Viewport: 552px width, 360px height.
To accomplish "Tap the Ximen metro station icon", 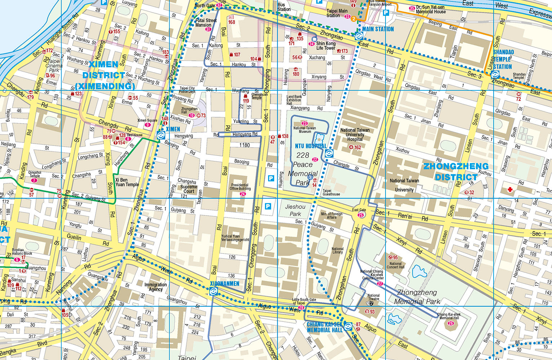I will (x=161, y=135).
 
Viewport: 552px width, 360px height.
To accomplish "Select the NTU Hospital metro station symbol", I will (x=329, y=154).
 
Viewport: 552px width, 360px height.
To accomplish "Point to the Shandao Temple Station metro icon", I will (x=495, y=75).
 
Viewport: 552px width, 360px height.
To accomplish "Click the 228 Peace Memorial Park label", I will (x=303, y=169).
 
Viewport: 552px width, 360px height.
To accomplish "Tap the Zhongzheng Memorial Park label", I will (x=417, y=297).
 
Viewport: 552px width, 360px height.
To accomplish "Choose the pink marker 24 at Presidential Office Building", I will (x=242, y=194).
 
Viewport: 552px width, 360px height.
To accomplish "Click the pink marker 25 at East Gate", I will (x=360, y=215).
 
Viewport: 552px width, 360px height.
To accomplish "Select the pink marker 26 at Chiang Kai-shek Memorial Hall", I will (x=451, y=323).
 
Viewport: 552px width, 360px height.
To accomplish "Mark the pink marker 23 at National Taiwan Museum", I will (x=304, y=123).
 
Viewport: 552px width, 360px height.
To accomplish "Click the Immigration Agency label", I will (x=156, y=287).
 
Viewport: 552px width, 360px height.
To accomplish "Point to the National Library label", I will (x=337, y=250).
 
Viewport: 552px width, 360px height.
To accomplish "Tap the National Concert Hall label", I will (x=395, y=265).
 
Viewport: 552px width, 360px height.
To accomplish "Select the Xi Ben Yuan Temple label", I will (x=127, y=182).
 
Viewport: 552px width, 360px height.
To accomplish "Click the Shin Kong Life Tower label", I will (x=326, y=46).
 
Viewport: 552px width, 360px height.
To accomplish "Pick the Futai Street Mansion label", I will (x=206, y=23).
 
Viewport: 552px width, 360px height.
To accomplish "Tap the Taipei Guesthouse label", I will (x=331, y=192).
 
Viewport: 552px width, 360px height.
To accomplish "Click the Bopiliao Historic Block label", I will (x=22, y=251).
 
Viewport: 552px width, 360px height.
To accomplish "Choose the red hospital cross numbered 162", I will (x=351, y=147).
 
